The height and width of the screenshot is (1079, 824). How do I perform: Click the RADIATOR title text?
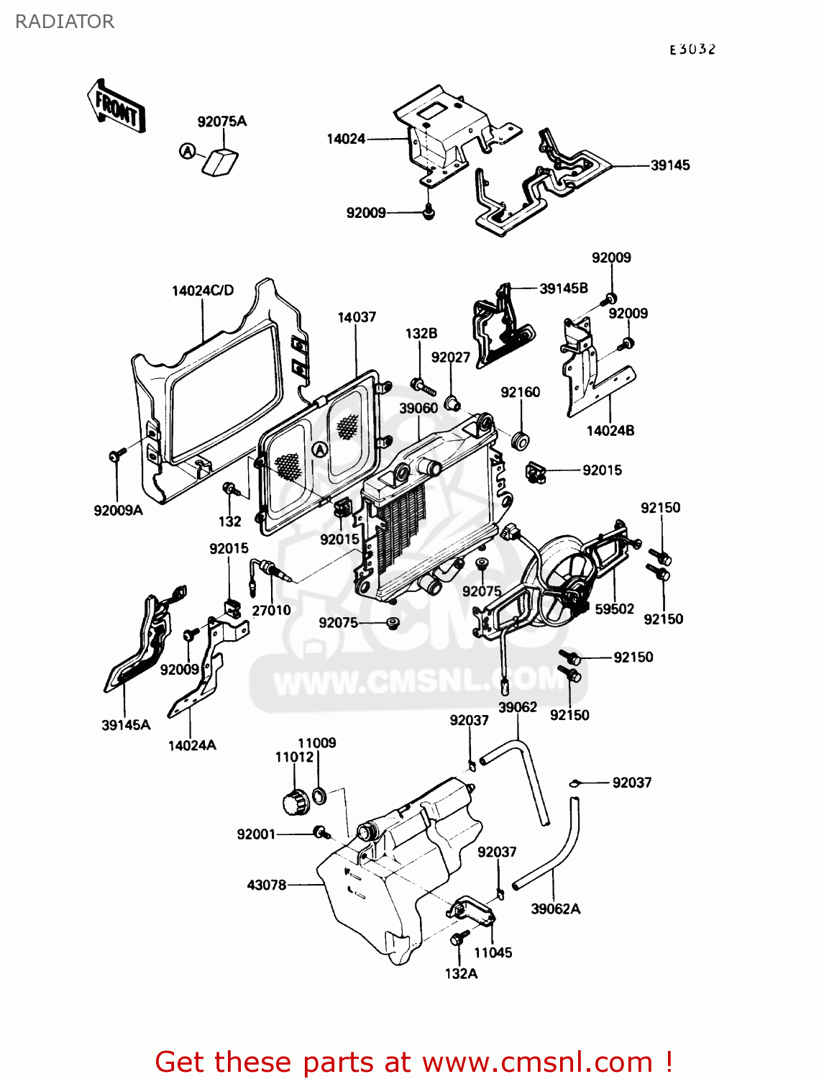(x=65, y=22)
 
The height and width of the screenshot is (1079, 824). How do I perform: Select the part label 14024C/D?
(x=203, y=291)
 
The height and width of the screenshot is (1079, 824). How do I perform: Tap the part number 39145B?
(x=564, y=288)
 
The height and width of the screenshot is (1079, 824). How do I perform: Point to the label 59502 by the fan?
(x=615, y=609)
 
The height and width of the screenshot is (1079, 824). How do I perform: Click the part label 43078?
(x=267, y=885)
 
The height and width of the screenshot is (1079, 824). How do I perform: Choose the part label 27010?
(x=271, y=610)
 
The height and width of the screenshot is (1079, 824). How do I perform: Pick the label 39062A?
(x=556, y=909)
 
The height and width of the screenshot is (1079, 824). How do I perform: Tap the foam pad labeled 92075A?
(x=221, y=163)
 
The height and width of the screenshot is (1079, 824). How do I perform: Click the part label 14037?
(x=357, y=317)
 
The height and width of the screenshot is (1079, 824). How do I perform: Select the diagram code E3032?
(x=692, y=50)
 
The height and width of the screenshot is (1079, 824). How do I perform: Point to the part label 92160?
(x=521, y=392)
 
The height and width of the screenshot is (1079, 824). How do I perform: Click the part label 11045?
(x=493, y=952)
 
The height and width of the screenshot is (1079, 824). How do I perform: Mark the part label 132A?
(x=461, y=973)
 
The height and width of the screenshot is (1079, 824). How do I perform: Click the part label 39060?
(x=418, y=408)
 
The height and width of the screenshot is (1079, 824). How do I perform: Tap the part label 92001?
(x=256, y=834)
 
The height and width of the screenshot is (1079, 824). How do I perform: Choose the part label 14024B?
(x=610, y=431)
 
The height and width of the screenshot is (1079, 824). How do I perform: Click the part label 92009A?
(x=118, y=511)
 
